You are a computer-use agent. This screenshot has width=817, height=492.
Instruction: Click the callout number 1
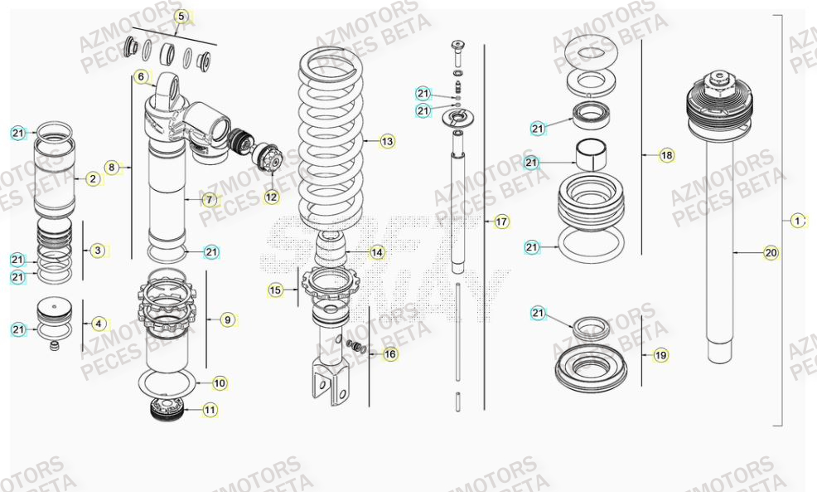point(797,221)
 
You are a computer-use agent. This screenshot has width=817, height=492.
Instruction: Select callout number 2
point(92,178)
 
